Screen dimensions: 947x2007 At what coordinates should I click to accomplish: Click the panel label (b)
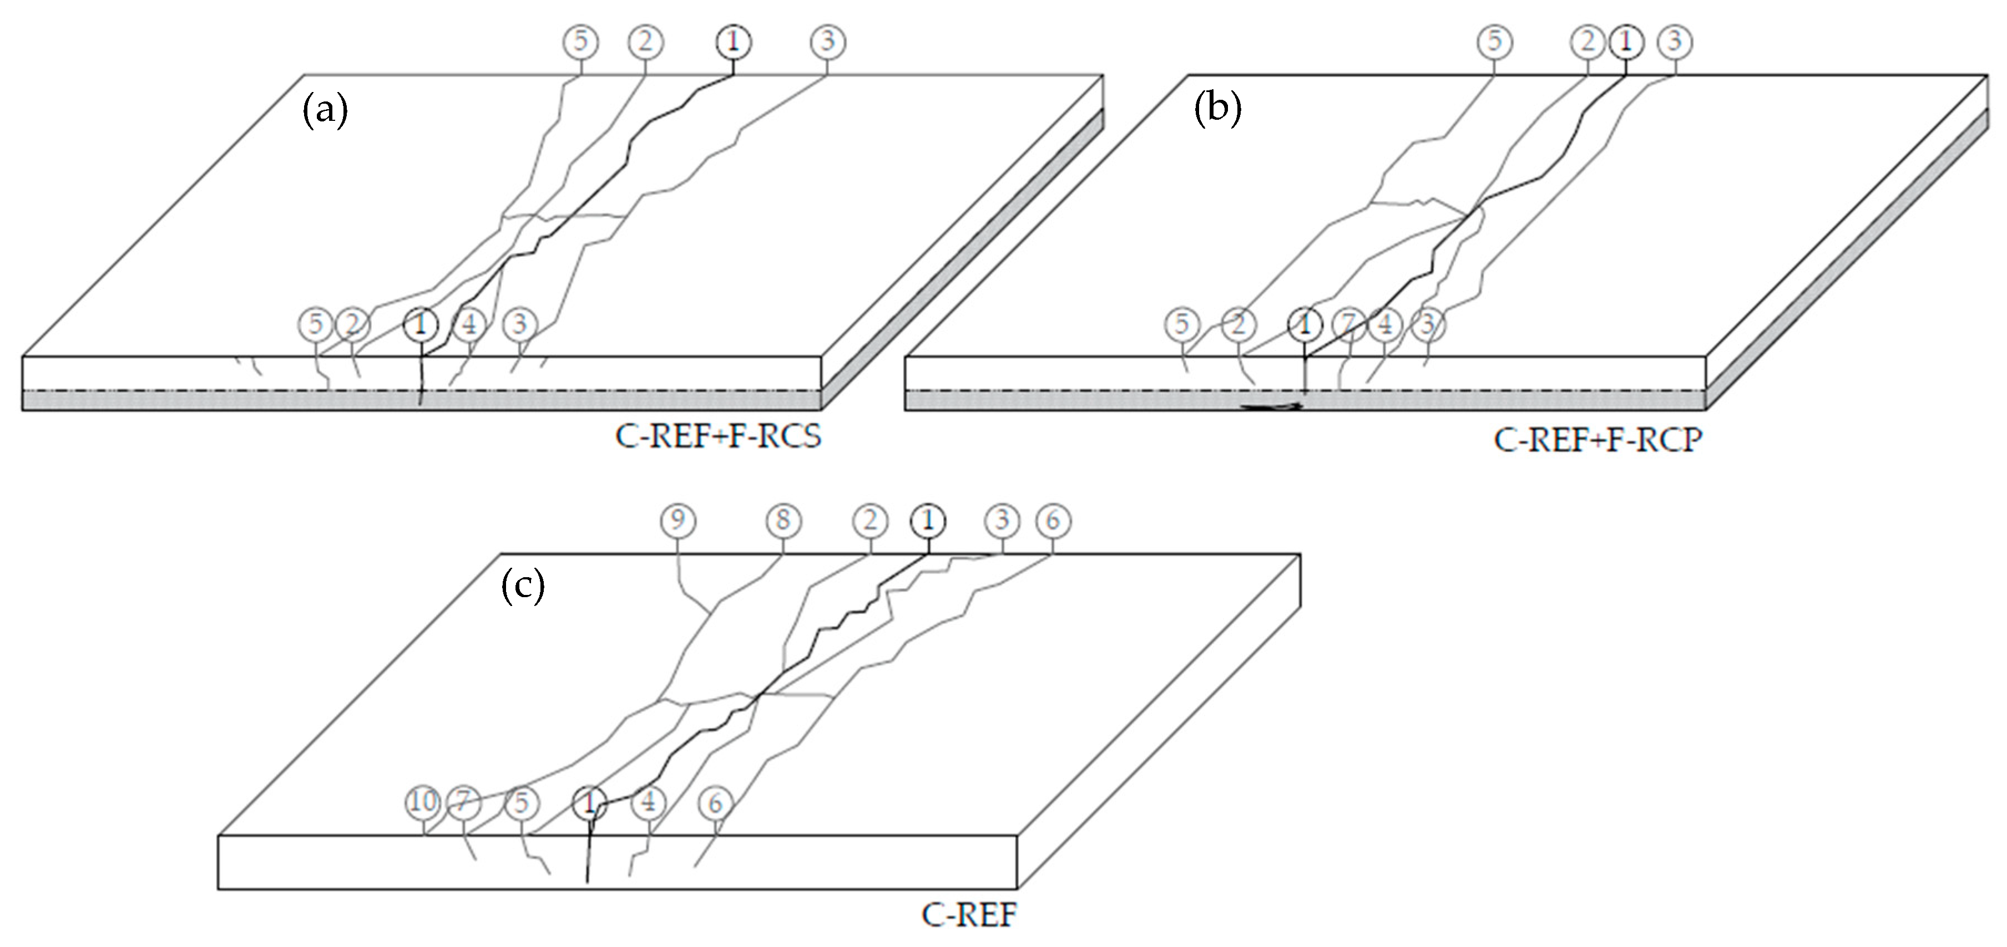coord(1218,110)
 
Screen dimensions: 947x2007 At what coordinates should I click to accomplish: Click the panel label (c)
coord(522,585)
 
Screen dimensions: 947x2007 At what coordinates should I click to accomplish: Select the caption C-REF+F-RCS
coord(717,437)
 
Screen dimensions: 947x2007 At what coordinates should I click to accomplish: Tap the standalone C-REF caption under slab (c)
coord(968,914)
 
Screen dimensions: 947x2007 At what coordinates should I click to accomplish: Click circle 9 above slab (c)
coord(678,520)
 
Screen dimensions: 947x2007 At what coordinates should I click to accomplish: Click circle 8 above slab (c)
coord(783,520)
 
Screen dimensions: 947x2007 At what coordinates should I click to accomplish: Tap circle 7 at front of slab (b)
coord(1349,323)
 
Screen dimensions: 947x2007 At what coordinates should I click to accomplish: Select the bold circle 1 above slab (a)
coord(733,42)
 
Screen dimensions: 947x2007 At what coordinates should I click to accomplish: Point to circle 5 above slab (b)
coord(1494,41)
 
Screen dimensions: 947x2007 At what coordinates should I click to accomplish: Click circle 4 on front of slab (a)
coord(469,323)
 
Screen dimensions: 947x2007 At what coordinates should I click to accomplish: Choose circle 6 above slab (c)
coord(1053,520)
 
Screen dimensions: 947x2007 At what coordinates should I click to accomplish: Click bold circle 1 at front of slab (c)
coord(590,802)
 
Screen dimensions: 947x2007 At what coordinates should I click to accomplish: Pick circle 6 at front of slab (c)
coord(715,803)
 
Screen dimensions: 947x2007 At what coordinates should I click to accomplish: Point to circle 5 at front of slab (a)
coord(316,323)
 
